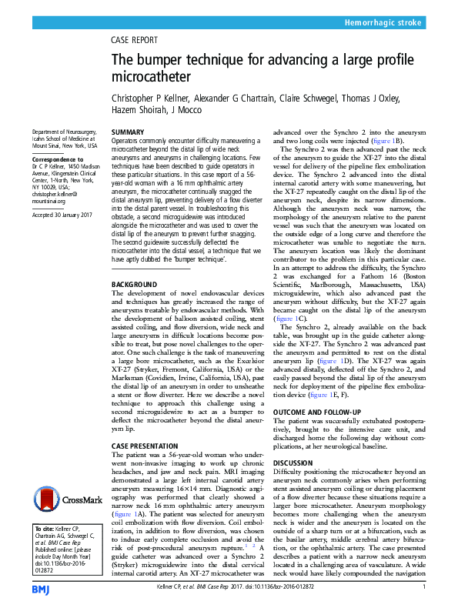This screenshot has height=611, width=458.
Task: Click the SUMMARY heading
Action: tap(128, 132)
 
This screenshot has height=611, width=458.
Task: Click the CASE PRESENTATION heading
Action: tap(147, 446)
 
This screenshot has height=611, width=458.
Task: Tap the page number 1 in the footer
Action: tap(424, 587)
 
